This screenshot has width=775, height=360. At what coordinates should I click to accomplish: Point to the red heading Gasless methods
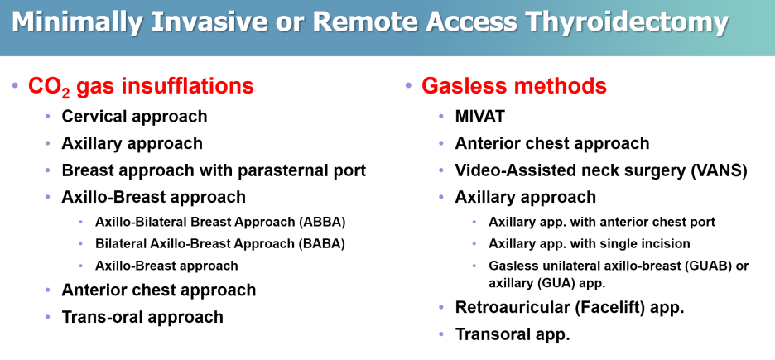[x=514, y=86]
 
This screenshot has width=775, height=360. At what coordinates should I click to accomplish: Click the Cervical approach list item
[x=134, y=117]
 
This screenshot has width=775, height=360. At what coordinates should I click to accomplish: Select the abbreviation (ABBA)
[x=322, y=223]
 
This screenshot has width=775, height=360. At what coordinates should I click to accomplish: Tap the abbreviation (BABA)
[x=321, y=244]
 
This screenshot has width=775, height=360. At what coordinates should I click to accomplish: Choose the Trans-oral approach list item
[x=142, y=316]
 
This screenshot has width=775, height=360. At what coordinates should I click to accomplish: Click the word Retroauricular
[x=504, y=308]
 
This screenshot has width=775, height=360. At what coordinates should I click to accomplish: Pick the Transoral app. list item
[x=513, y=335]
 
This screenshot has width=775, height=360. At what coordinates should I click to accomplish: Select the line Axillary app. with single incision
[x=590, y=244]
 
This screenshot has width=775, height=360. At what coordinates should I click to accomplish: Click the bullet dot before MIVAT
[x=441, y=117]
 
